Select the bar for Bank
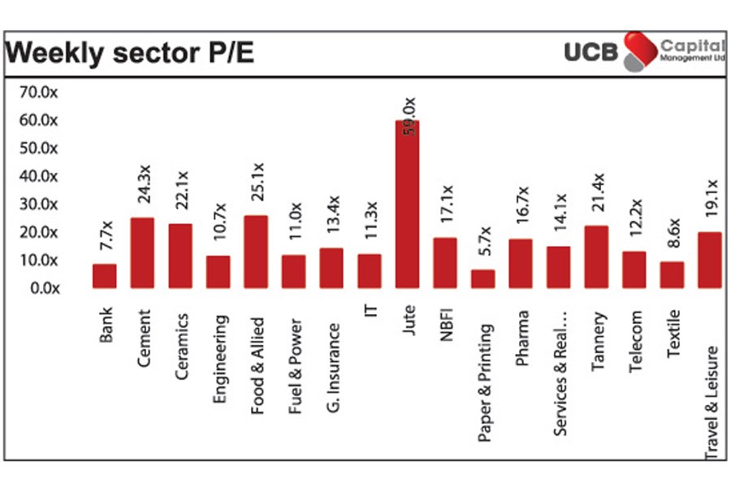(x=105, y=276)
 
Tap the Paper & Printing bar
(x=482, y=278)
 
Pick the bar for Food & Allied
(x=256, y=252)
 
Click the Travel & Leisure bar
(x=709, y=260)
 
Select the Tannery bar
(x=596, y=256)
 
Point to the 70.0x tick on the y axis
(x=39, y=93)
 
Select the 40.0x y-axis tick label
(x=39, y=176)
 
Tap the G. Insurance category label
(x=332, y=345)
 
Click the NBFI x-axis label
(x=447, y=324)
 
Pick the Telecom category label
(x=635, y=341)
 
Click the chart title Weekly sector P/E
(x=130, y=54)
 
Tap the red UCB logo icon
(x=640, y=51)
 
